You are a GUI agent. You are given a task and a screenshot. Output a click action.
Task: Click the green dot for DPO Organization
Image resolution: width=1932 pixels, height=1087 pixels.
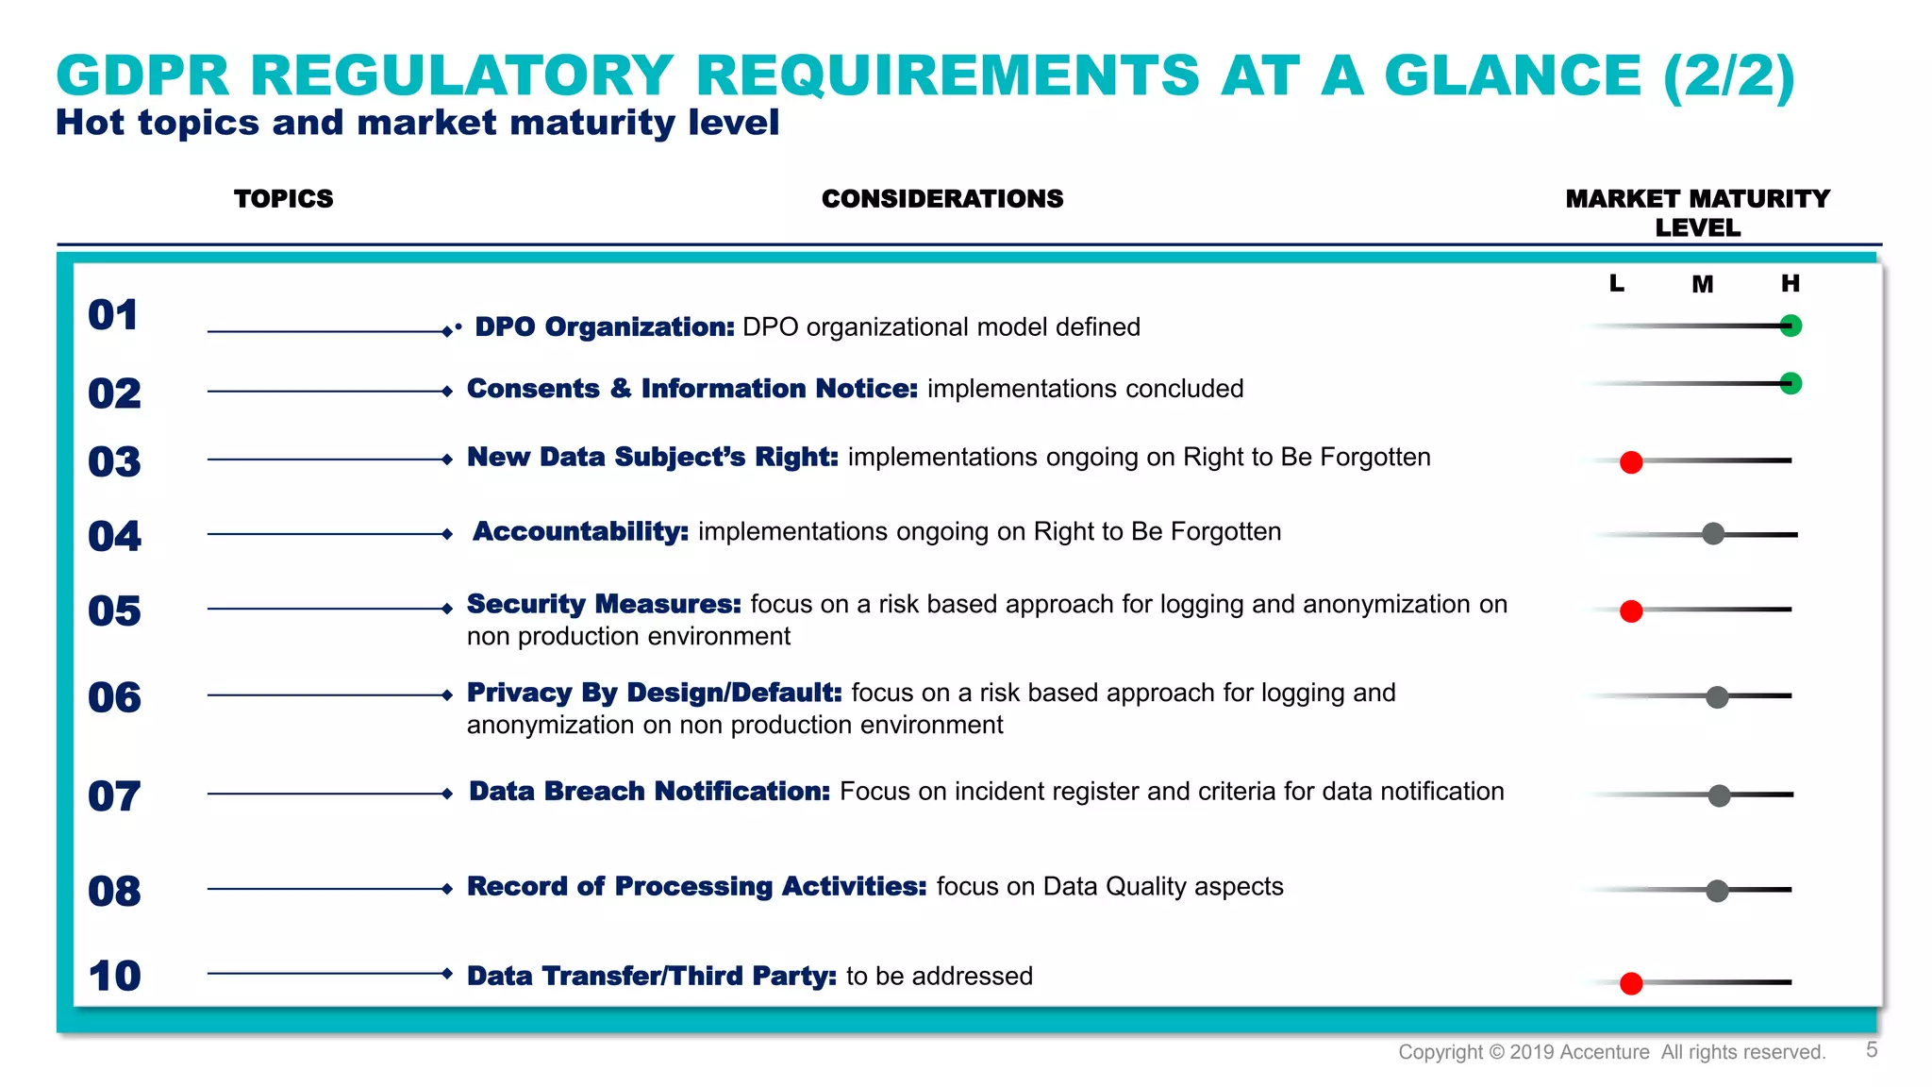click(x=1790, y=326)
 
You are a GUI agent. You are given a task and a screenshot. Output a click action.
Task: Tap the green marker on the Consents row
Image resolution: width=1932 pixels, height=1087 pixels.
click(x=1790, y=383)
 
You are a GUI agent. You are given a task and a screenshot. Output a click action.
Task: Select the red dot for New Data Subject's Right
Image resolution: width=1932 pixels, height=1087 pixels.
click(x=1631, y=462)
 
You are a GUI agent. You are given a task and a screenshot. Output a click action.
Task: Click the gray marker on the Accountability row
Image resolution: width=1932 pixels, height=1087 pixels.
click(x=1713, y=534)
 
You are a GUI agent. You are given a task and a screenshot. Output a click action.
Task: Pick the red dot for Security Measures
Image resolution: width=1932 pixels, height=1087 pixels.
click(x=1631, y=611)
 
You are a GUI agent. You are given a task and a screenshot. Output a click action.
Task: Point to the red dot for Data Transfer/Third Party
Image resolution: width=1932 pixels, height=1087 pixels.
click(x=1631, y=983)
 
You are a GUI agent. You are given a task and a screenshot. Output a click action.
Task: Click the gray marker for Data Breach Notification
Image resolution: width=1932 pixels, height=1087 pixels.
click(x=1719, y=795)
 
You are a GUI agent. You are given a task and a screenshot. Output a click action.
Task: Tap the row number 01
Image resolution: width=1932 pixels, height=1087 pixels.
click(x=113, y=315)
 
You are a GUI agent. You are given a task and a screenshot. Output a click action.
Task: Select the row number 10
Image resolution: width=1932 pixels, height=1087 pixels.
click(x=114, y=976)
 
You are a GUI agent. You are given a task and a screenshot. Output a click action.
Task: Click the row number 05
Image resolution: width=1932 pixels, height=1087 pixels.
click(x=114, y=611)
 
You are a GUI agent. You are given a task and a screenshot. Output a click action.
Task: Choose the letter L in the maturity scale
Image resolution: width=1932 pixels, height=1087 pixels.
click(x=1616, y=283)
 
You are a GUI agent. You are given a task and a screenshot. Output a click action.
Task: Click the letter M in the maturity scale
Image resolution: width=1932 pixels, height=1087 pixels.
click(x=1702, y=284)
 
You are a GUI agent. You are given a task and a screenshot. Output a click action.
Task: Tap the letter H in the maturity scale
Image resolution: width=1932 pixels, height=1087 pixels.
click(x=1790, y=283)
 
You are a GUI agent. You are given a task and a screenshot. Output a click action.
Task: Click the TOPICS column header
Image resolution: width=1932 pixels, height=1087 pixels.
click(x=283, y=199)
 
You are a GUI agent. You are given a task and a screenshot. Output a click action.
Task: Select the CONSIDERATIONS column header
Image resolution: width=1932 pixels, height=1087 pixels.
click(x=941, y=199)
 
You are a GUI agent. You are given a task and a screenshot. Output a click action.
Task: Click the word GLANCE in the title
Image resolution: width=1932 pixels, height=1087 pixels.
click(x=1512, y=75)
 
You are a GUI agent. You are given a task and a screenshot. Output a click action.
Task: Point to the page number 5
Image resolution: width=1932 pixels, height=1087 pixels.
click(x=1872, y=1050)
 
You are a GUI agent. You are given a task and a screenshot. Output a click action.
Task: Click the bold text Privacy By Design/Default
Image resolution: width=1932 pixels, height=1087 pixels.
click(x=654, y=693)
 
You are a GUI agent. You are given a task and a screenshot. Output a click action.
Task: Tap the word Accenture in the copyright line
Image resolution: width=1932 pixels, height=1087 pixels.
click(x=1605, y=1052)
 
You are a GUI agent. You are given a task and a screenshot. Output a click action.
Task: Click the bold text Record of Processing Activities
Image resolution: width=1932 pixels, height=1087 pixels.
click(x=696, y=886)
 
